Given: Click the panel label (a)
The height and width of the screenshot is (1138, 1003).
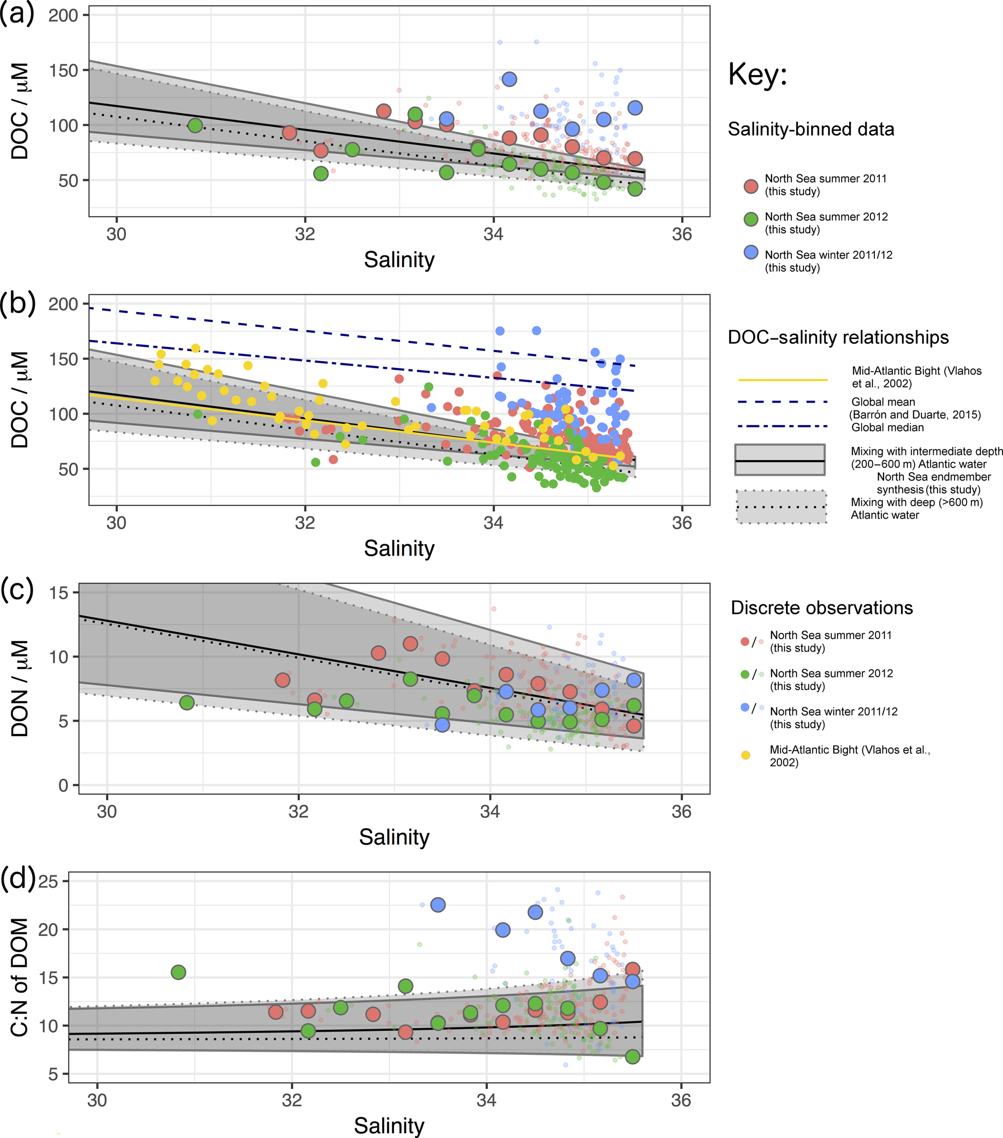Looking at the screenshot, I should (16, 14).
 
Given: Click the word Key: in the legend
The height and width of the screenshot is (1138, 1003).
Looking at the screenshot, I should (757, 74).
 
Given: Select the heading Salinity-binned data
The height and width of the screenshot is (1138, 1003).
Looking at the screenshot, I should (811, 129).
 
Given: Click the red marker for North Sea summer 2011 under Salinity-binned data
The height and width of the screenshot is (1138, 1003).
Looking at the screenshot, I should (751, 186).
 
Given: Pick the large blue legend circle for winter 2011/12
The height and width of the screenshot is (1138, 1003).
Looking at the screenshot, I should (751, 252).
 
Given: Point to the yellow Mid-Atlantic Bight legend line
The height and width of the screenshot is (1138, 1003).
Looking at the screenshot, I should (783, 380).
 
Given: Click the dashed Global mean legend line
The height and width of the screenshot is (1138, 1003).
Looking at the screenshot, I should (783, 402).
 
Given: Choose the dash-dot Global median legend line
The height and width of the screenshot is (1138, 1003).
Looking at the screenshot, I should (783, 426).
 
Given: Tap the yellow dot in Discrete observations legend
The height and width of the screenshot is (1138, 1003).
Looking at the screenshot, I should (745, 755).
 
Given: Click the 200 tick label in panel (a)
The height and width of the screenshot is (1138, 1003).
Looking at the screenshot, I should (63, 15).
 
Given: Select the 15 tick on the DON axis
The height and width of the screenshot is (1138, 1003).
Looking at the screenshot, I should (58, 593).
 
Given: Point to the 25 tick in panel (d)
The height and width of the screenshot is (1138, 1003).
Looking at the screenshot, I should (48, 881).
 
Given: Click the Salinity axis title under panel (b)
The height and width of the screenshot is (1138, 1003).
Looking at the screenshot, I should (399, 549).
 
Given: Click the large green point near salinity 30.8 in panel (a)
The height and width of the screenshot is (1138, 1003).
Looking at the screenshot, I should (195, 125).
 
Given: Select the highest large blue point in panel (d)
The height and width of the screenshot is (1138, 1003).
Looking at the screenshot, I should (438, 905).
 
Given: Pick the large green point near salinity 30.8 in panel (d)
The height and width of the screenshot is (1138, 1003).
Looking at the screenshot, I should (178, 972).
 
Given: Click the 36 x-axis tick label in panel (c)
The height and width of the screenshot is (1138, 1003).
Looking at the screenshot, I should (681, 812).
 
